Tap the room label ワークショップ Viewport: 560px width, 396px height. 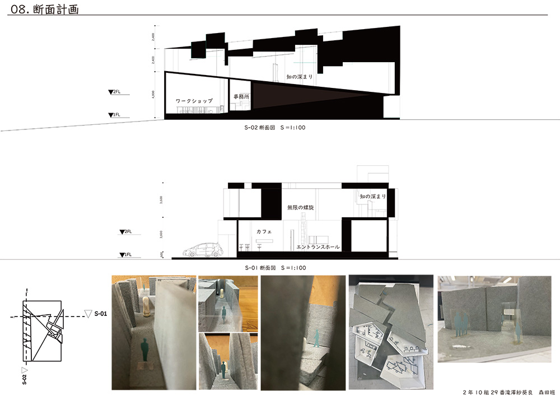coord(194,101)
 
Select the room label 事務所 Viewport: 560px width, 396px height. coord(241,97)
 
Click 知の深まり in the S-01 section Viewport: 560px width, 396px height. coord(372,197)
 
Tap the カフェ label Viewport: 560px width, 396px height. coord(264,231)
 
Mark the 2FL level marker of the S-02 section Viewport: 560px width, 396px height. coord(114,91)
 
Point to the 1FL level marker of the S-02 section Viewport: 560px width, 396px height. coord(114,115)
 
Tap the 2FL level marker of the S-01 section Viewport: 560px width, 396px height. coord(125,231)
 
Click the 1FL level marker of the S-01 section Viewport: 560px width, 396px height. coord(125,255)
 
